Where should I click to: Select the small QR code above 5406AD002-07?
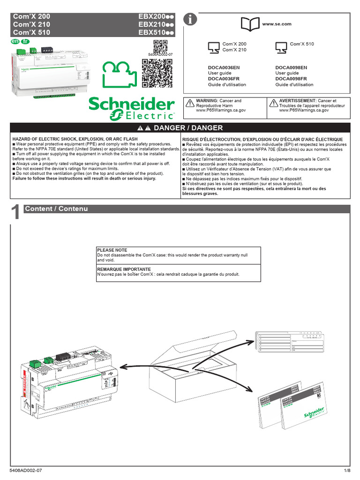160,46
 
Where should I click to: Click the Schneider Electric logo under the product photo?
132,109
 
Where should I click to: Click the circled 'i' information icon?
190,19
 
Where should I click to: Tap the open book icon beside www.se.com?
249,23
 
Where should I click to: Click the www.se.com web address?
277,24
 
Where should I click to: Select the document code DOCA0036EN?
224,67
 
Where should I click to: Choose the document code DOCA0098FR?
291,79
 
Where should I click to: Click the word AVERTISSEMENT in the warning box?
297,101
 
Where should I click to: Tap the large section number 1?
15,213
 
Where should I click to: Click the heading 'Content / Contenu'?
56,209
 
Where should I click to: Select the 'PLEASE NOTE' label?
112,250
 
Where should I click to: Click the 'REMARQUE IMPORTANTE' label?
124,270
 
